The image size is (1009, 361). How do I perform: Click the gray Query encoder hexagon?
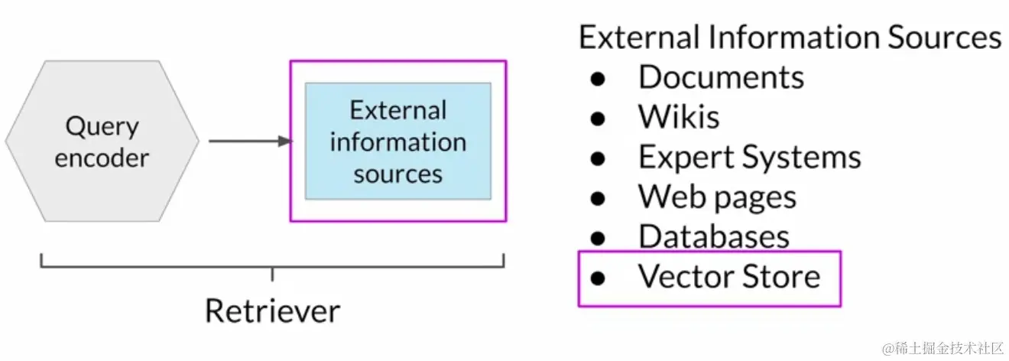pyautogui.click(x=102, y=141)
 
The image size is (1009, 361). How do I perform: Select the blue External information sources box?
pyautogui.click(x=397, y=141)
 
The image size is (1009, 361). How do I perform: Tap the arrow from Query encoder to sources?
pyautogui.click(x=248, y=141)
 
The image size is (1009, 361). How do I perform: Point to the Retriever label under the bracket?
pyautogui.click(x=272, y=311)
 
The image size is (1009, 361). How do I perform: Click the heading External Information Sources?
pyautogui.click(x=790, y=37)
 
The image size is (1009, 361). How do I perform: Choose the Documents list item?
pyautogui.click(x=721, y=77)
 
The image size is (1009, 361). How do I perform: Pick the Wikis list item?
pyautogui.click(x=679, y=117)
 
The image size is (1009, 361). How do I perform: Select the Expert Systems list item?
pyautogui.click(x=749, y=158)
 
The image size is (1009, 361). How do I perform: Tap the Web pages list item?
pyautogui.click(x=717, y=197)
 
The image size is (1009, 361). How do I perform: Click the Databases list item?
pyautogui.click(x=713, y=236)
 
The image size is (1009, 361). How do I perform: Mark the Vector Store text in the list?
pyautogui.click(x=728, y=276)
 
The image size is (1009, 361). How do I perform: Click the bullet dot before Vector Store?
pyautogui.click(x=598, y=277)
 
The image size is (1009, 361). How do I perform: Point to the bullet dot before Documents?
pyautogui.click(x=598, y=78)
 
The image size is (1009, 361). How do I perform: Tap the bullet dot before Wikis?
pyautogui.click(x=598, y=118)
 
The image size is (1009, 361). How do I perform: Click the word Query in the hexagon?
pyautogui.click(x=102, y=126)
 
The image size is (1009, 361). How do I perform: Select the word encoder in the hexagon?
pyautogui.click(x=102, y=158)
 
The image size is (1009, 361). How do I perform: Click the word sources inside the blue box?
pyautogui.click(x=397, y=174)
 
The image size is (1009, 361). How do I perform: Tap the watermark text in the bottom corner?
pyautogui.click(x=942, y=349)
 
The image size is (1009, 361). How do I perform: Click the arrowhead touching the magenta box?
pyautogui.click(x=285, y=141)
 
